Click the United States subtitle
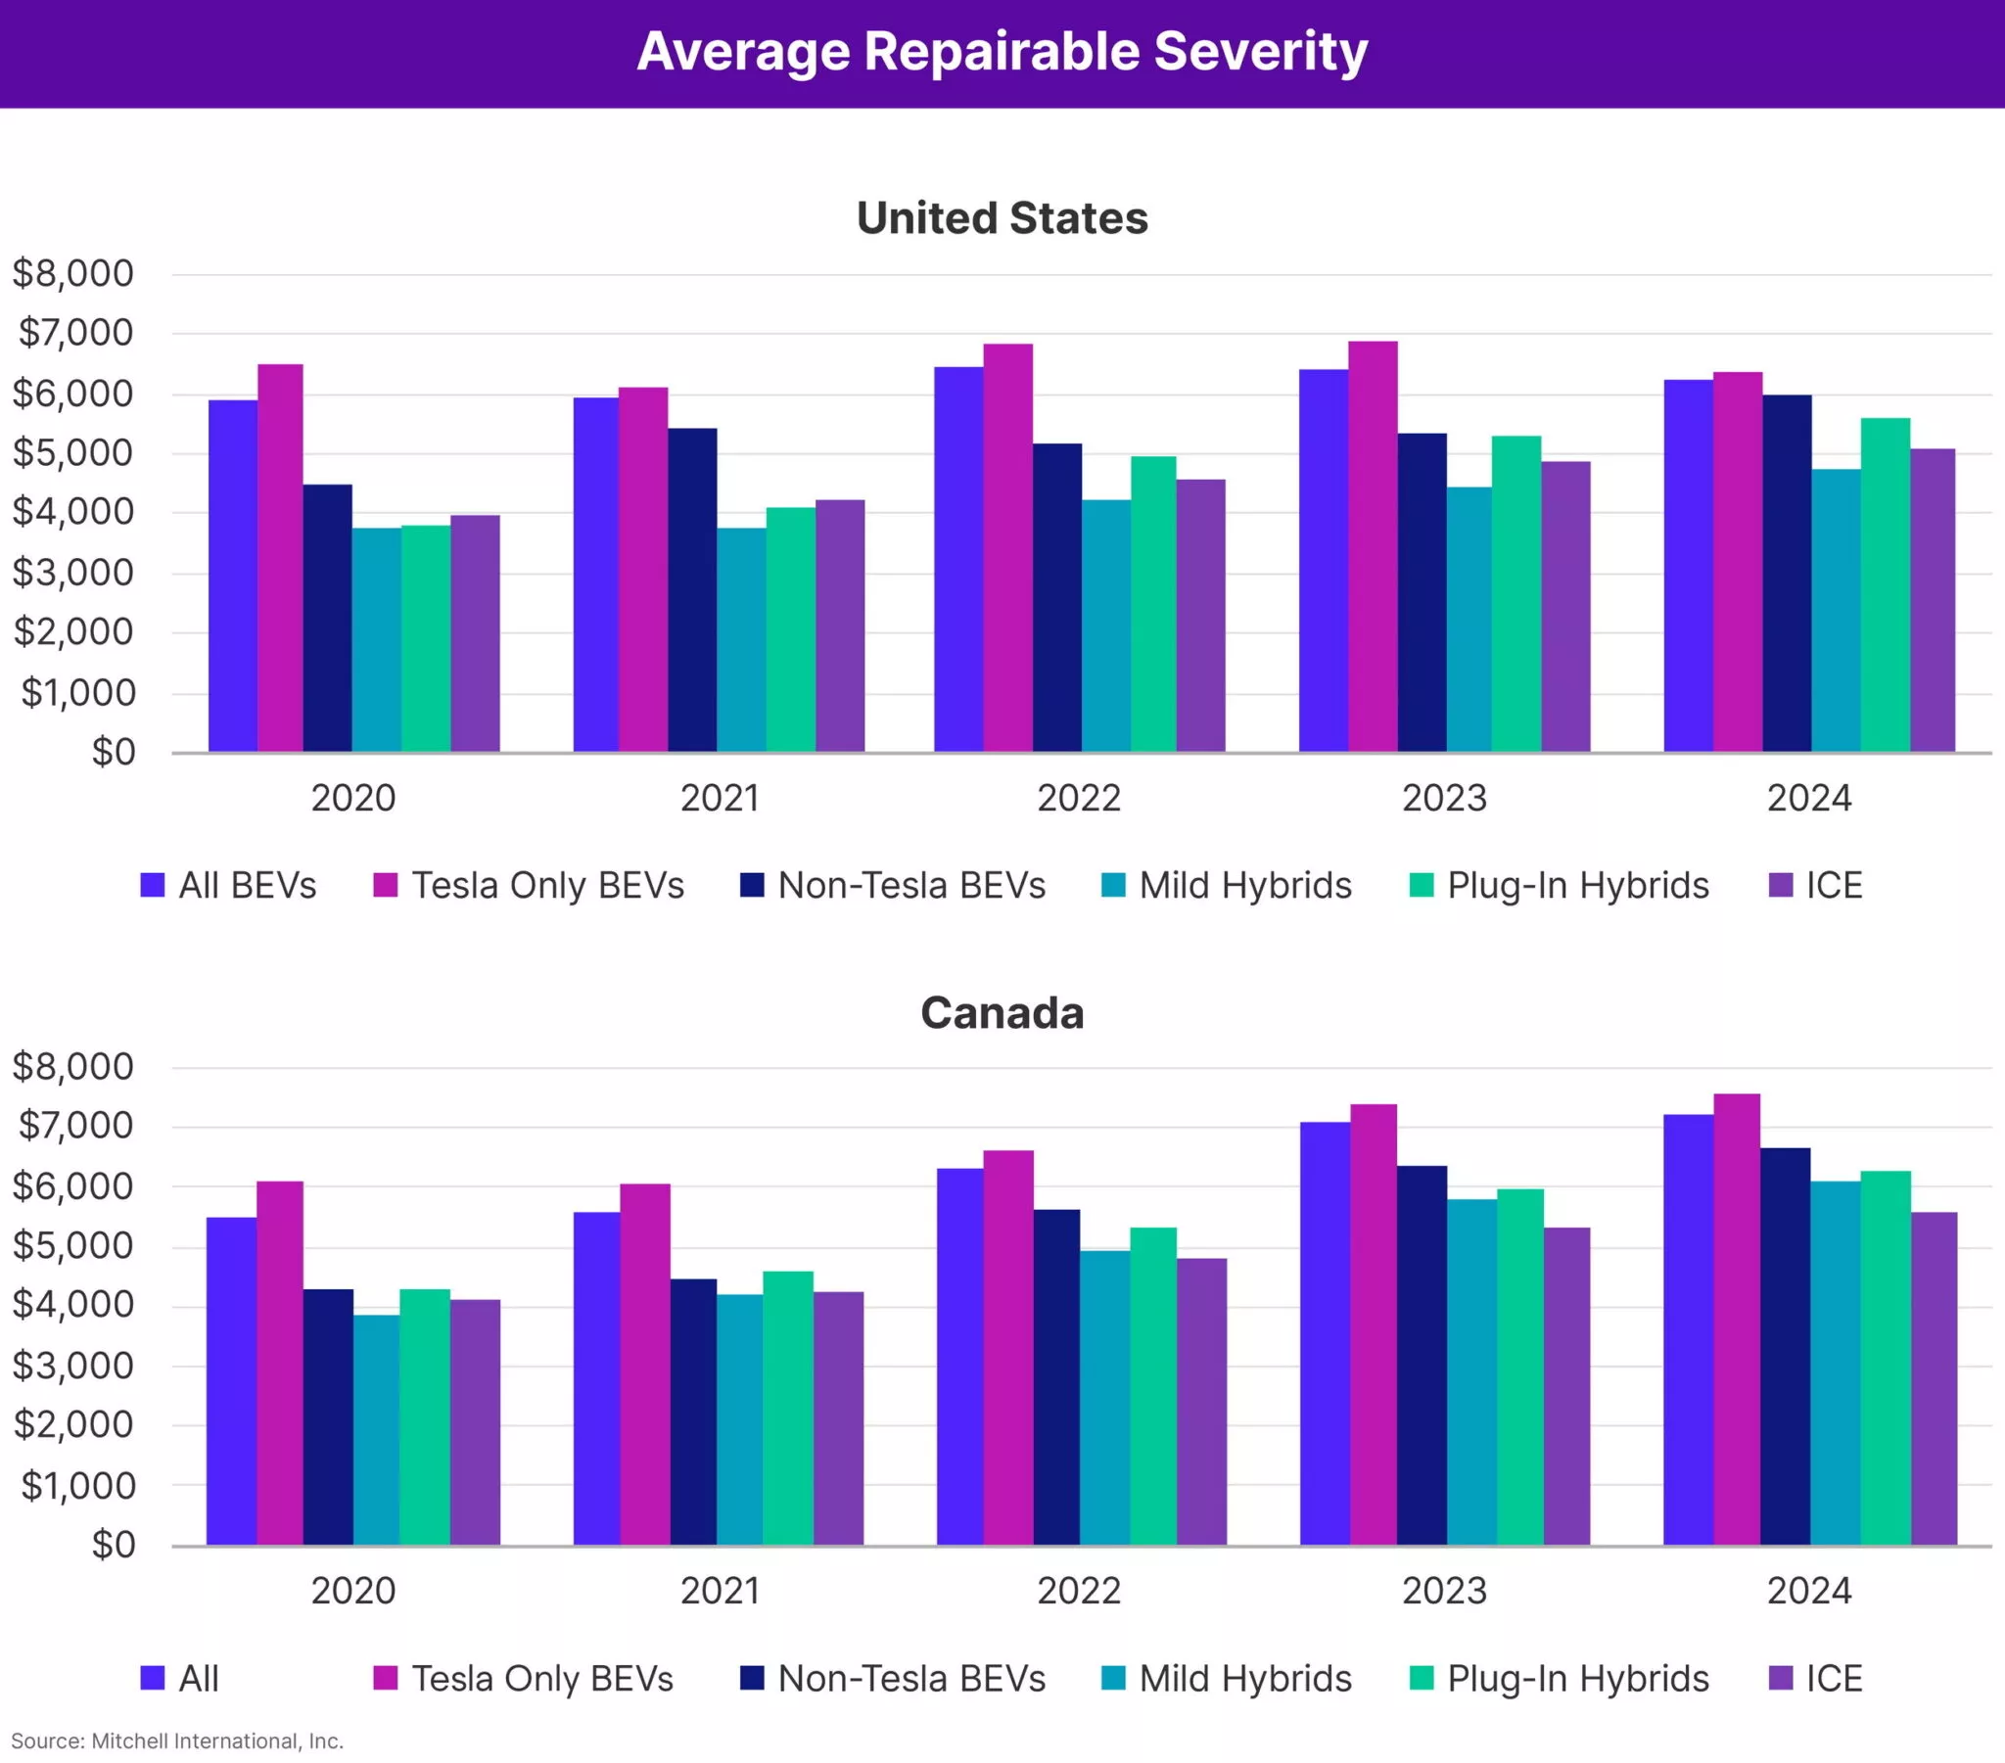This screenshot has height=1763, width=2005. coord(1002,217)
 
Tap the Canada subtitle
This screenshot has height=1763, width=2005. coord(1002,1012)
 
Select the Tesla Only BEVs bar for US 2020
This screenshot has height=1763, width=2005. coord(281,559)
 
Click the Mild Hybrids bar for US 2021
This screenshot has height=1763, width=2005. coord(740,640)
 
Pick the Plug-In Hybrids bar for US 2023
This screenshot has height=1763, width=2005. coord(1515,594)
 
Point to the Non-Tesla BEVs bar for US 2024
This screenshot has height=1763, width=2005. coord(1787,574)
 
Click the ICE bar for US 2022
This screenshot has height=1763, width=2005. coord(1200,616)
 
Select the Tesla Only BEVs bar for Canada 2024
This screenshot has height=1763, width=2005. coord(1736,1320)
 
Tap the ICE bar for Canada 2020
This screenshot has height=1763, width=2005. coord(475,1422)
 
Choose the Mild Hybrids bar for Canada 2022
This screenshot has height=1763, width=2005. coord(1104,1398)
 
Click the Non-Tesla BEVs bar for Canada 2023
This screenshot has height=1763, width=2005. coord(1422,1356)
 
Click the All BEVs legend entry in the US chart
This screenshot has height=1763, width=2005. coord(228,885)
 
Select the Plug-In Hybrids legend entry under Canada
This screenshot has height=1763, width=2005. coord(1559,1679)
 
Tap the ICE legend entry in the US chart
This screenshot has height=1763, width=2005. coord(1815,885)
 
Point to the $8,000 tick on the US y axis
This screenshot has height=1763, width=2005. coord(72,274)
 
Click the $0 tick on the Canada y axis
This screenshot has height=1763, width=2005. coord(113,1546)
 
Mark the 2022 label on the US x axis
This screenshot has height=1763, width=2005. coord(1079,798)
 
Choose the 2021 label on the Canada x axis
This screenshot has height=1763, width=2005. coord(720,1591)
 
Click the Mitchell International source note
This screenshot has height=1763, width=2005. coord(177,1741)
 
